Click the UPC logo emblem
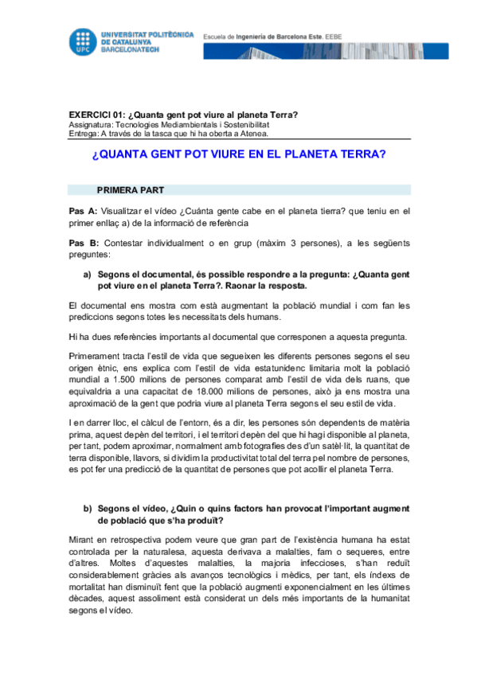tap(84, 39)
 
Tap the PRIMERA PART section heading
tap(131, 191)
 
